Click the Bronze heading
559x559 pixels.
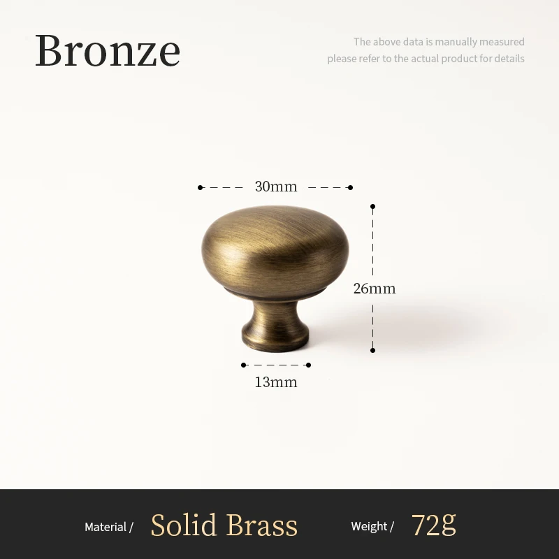click(108, 50)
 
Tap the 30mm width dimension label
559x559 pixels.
click(275, 187)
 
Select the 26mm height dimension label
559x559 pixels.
click(375, 288)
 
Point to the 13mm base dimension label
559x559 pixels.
click(275, 382)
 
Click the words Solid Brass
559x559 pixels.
click(224, 525)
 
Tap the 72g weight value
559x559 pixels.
click(433, 525)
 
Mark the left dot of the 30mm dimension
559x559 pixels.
click(200, 187)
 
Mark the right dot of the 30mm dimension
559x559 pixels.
click(350, 187)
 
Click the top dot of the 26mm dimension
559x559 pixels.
click(373, 207)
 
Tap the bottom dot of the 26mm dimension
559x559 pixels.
click(373, 350)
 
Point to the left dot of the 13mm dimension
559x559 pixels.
click(243, 365)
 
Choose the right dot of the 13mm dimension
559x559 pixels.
click(308, 365)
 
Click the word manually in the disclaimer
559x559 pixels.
click(456, 42)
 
